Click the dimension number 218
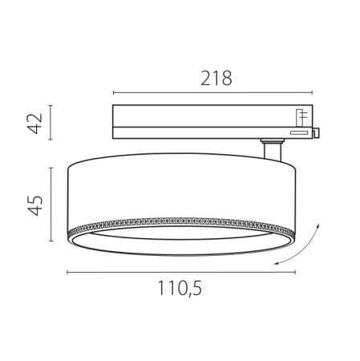click(x=216, y=78)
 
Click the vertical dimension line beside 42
click(x=51, y=122)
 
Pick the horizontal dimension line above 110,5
click(x=180, y=272)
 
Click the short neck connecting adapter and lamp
click(x=273, y=149)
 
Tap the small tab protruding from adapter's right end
click(x=317, y=132)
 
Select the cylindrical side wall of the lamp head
click(x=180, y=189)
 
